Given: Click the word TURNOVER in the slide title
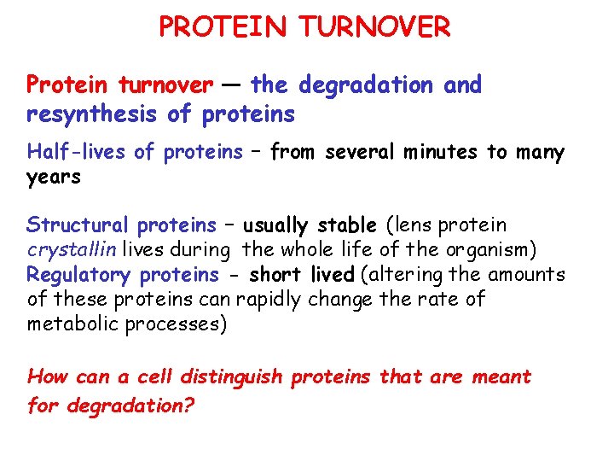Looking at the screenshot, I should coord(374,27).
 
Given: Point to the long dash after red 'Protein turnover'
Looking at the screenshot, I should coord(232,85).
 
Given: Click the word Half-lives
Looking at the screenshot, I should coord(78,153).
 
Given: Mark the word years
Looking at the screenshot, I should coord(54,178).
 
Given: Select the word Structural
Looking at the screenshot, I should coord(78,226).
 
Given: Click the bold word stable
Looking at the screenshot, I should coord(346,226).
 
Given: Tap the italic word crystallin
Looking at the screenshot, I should coord(72,251).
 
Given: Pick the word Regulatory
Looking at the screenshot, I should coord(80,276).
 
